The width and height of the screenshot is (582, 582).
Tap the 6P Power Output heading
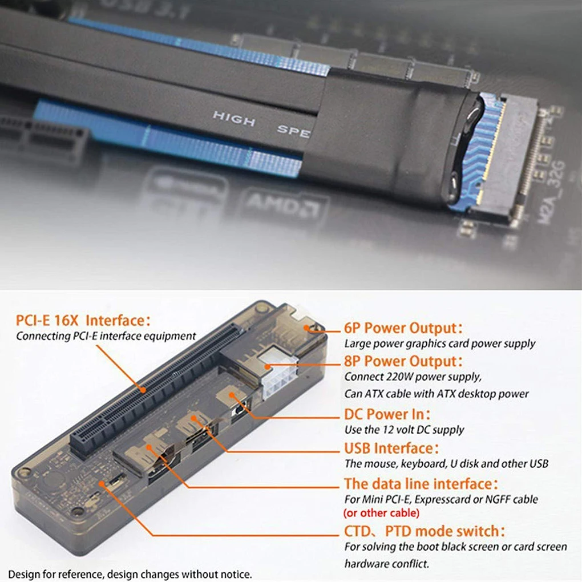[403, 328]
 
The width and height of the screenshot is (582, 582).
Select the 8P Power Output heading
[403, 361]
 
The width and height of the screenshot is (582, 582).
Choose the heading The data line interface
[421, 484]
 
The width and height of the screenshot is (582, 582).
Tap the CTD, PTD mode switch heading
[425, 531]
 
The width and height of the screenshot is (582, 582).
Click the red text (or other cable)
[381, 512]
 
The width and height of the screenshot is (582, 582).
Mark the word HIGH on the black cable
[234, 119]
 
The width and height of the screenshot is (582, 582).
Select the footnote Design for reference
[130, 574]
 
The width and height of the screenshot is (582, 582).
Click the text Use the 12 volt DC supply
[404, 430]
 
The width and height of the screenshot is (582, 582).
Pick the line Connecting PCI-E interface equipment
[106, 336]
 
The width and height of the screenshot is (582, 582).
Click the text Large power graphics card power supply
[439, 343]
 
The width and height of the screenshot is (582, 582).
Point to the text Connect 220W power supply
[413, 377]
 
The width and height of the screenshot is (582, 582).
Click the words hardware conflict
[386, 564]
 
